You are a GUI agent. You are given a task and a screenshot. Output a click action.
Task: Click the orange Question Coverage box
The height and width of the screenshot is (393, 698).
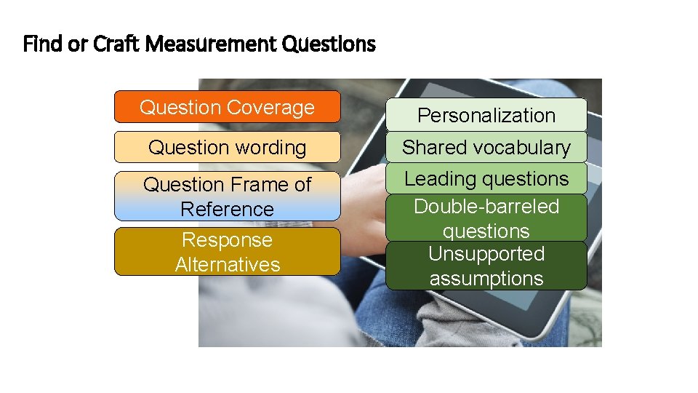tap(227, 107)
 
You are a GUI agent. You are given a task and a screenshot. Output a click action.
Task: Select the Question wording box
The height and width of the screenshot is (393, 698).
tap(227, 147)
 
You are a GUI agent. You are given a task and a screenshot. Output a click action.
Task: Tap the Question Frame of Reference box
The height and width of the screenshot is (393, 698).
tap(227, 196)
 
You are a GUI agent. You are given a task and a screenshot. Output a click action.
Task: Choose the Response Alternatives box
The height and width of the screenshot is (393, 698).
tap(227, 252)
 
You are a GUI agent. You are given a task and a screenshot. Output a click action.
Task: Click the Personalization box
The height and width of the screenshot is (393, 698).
tap(486, 115)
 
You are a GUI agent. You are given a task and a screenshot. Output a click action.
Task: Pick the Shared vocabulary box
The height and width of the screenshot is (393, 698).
tap(486, 147)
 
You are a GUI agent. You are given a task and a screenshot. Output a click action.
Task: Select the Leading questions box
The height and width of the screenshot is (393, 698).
tap(486, 178)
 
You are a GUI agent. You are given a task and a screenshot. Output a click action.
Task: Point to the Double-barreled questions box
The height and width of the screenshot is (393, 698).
tap(486, 218)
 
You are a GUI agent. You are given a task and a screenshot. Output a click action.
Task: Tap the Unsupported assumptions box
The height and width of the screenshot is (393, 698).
tap(486, 266)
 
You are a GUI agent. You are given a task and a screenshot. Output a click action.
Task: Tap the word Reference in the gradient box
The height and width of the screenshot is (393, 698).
tap(227, 209)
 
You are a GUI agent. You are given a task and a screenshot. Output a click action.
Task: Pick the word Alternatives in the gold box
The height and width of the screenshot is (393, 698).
tap(227, 264)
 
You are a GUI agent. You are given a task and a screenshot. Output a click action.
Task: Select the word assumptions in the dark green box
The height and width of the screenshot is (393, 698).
tap(486, 278)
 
